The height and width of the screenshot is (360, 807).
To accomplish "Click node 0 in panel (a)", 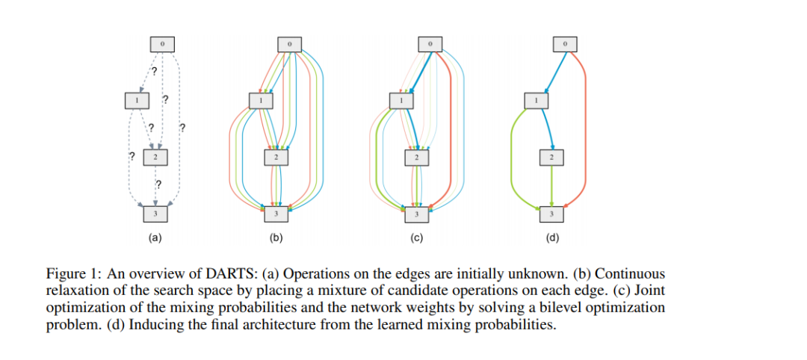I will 163,44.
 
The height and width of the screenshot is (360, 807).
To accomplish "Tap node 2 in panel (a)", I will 155,157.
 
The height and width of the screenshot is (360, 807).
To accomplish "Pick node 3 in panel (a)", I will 155,214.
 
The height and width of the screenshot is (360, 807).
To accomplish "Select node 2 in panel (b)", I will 276,157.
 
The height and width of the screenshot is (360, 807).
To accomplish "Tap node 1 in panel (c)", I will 401,99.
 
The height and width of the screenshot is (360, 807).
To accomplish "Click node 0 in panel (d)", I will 565,44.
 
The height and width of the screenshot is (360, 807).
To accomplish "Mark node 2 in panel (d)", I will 551,157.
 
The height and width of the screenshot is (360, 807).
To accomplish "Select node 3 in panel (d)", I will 551,214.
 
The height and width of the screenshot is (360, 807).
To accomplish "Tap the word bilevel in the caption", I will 548,307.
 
